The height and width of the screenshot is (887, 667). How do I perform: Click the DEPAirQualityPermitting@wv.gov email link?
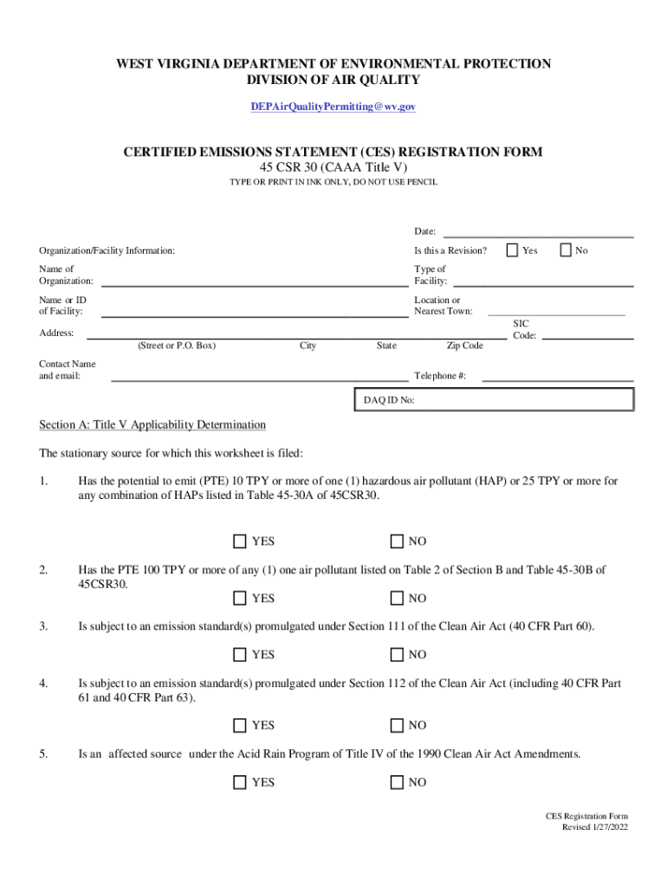[x=333, y=106]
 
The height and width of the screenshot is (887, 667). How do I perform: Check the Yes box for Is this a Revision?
[x=512, y=250]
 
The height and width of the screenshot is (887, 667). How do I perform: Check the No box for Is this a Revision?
[x=566, y=250]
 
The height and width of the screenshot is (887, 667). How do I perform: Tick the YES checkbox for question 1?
[x=240, y=541]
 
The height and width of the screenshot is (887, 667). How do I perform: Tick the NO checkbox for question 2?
[x=397, y=598]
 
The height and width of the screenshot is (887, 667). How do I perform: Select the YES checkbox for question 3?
[x=240, y=654]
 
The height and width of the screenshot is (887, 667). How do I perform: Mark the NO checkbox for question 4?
[x=397, y=725]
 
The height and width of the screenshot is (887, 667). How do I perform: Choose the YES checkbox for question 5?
[x=240, y=782]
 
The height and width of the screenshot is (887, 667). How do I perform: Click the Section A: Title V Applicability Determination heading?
[x=152, y=424]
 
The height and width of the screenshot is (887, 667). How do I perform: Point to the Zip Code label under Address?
[x=464, y=346]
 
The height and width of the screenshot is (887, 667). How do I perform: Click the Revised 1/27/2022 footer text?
[x=595, y=827]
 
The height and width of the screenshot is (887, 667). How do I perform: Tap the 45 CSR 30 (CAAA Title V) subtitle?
[x=333, y=167]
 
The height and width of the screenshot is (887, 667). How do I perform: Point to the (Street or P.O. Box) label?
[x=176, y=346]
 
